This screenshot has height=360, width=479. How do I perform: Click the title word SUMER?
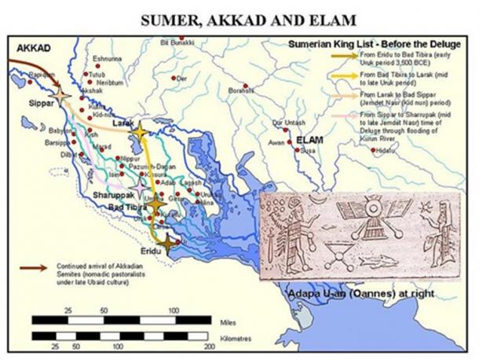click(x=171, y=17)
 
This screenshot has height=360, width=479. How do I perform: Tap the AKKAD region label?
click(x=34, y=48)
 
